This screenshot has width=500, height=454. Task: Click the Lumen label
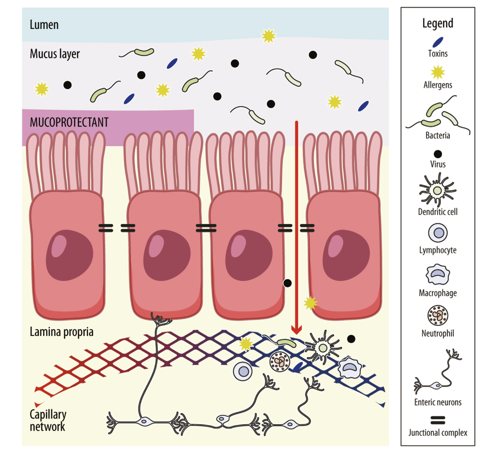[x=44, y=25]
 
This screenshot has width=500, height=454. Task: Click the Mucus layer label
[x=55, y=54]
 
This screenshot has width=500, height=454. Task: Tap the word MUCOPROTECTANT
[x=69, y=122]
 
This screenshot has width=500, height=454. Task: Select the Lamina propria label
[x=62, y=332]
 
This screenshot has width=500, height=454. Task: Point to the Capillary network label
[x=48, y=420]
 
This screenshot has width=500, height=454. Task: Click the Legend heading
[x=438, y=24]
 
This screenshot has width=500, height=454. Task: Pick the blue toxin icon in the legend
[x=438, y=42]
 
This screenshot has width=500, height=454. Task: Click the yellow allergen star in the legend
[x=438, y=73]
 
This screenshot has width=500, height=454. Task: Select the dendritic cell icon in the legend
[x=438, y=191]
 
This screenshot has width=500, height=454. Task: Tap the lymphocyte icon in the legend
[x=438, y=233]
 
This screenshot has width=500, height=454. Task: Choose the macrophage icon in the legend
[x=438, y=274]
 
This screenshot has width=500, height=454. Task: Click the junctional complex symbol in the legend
[x=438, y=420]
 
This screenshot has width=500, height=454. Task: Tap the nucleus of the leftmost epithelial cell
[x=69, y=256]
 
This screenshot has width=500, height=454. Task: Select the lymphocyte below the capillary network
[x=243, y=371]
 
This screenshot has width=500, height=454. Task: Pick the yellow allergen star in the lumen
[x=269, y=36]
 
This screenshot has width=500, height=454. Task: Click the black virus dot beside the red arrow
[x=287, y=283]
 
